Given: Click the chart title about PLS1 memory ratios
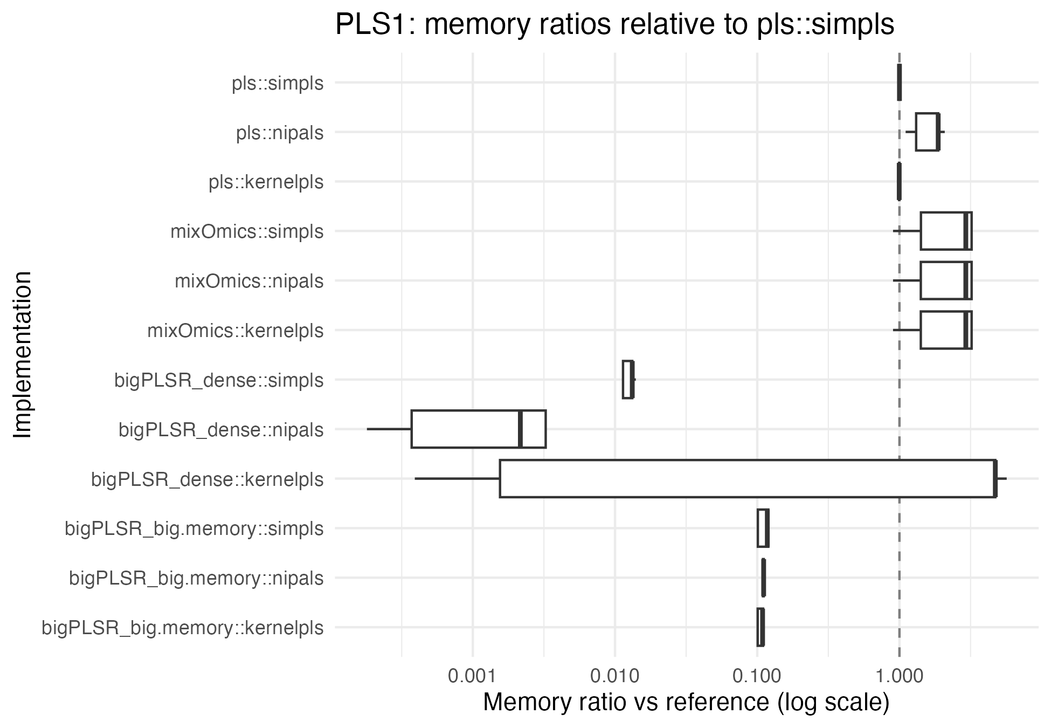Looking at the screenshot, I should (614, 25).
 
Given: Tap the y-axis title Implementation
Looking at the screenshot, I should (23, 355).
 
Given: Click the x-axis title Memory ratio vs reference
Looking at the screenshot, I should (686, 702).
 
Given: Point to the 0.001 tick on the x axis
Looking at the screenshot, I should (473, 676).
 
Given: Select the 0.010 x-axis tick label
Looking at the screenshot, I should (614, 676).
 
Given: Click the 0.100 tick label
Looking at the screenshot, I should (757, 676).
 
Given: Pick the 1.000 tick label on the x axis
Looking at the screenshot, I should (899, 676).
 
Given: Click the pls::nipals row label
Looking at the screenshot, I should (280, 133).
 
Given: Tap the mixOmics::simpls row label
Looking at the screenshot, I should (247, 232).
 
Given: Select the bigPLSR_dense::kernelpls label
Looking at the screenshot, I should (208, 479).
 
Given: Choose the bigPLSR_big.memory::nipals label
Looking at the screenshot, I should (196, 579).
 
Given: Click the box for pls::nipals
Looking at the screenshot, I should (927, 132).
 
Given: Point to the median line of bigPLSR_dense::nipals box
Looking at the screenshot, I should (520, 429).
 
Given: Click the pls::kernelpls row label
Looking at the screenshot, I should (266, 182).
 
